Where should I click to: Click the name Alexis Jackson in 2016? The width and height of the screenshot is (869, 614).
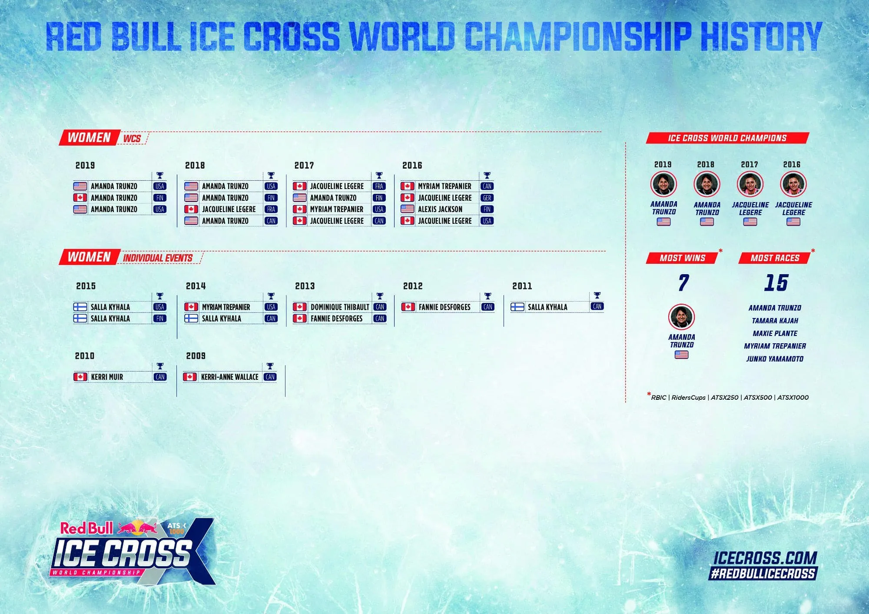pyautogui.click(x=440, y=209)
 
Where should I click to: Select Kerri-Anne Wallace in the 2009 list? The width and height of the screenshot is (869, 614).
pyautogui.click(x=229, y=377)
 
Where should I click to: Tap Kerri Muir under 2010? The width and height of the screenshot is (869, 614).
pyautogui.click(x=107, y=377)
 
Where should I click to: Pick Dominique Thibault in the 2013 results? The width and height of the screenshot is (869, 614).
pyautogui.click(x=340, y=307)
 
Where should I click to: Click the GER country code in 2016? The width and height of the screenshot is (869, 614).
pyautogui.click(x=487, y=198)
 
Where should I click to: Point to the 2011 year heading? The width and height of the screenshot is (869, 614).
pyautogui.click(x=522, y=286)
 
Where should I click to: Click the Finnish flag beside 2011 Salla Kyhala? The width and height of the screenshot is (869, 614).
pyautogui.click(x=517, y=307)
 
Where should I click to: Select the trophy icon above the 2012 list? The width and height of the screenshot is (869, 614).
pyautogui.click(x=487, y=296)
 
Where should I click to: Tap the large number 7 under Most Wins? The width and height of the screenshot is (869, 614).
pyautogui.click(x=683, y=283)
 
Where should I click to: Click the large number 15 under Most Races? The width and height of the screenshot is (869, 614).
pyautogui.click(x=776, y=282)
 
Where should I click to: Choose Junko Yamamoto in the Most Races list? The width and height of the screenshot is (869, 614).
pyautogui.click(x=775, y=359)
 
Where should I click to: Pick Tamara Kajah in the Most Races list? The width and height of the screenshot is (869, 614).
pyautogui.click(x=775, y=321)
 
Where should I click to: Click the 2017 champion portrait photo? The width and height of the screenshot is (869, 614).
pyautogui.click(x=750, y=184)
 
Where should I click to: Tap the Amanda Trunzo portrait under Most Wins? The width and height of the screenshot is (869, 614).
pyautogui.click(x=682, y=317)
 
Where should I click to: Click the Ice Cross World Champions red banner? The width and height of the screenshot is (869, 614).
pyautogui.click(x=727, y=138)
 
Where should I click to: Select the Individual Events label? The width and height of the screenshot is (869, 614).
pyautogui.click(x=158, y=258)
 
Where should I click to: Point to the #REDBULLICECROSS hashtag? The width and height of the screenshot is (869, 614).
pyautogui.click(x=763, y=574)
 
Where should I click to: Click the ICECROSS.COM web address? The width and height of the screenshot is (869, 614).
pyautogui.click(x=765, y=558)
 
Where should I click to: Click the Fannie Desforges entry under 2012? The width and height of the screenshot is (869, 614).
pyautogui.click(x=444, y=307)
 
